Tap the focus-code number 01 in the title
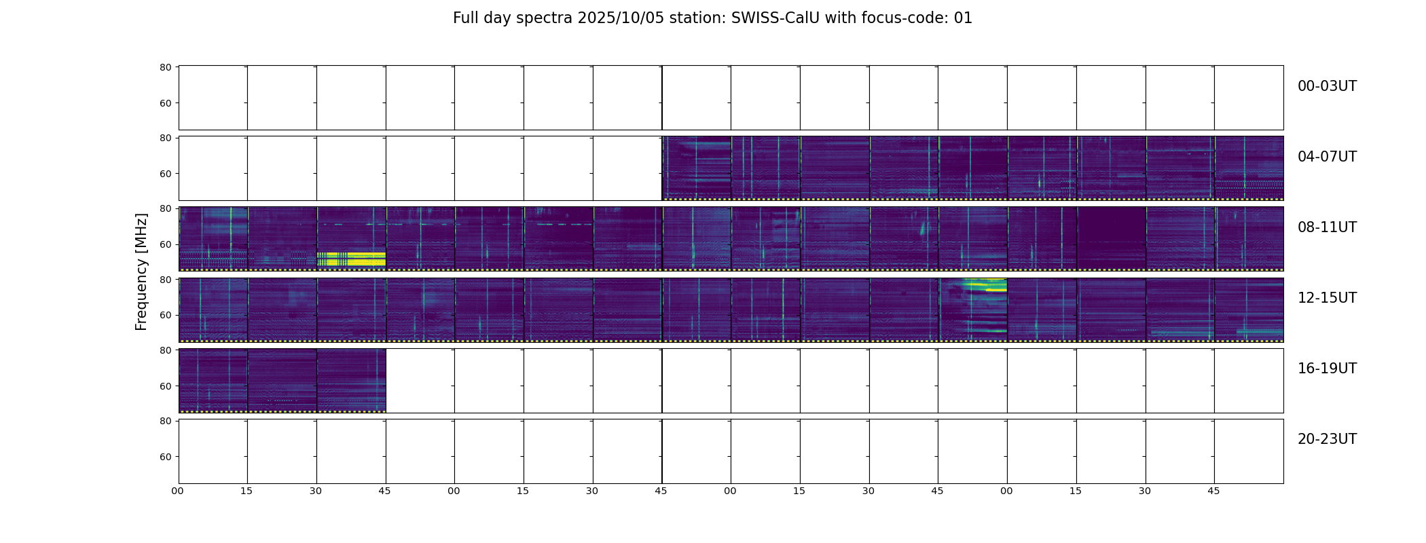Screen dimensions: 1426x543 [963, 18]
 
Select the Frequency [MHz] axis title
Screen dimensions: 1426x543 [141, 271]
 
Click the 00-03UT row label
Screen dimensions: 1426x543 [1327, 86]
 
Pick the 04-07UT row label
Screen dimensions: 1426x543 [1327, 157]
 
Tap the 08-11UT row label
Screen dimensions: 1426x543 [1327, 227]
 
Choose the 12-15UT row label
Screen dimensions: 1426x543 [1327, 298]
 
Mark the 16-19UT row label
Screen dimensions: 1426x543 [1327, 369]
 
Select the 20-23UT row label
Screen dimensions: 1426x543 [1327, 439]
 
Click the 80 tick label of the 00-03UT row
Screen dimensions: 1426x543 [165, 67]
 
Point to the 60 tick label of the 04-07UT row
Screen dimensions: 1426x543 [165, 174]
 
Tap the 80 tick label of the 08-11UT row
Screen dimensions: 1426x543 [165, 208]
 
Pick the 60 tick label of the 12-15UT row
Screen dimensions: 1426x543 [165, 315]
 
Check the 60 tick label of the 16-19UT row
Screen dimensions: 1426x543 [165, 386]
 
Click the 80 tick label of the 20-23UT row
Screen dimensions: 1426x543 [165, 421]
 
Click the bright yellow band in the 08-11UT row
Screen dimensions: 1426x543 [351, 259]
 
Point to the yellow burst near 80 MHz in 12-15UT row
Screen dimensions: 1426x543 [985, 285]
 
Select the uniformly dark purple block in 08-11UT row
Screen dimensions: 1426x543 [1111, 238]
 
